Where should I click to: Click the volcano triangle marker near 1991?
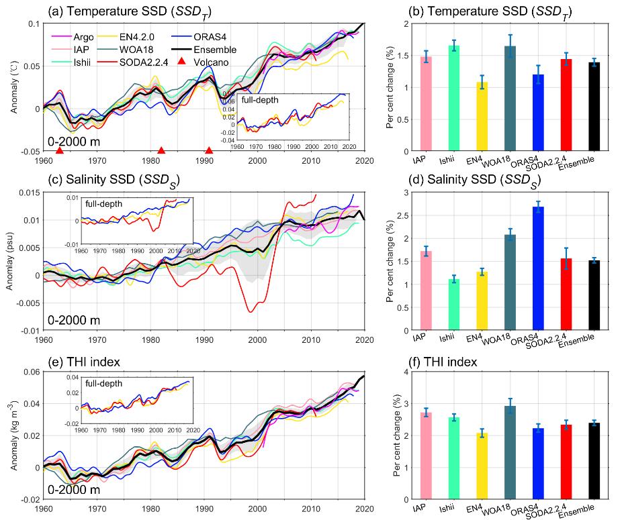[x=209, y=151]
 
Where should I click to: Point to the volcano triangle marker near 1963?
[x=60, y=151]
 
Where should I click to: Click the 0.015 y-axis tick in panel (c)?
[x=27, y=194]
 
